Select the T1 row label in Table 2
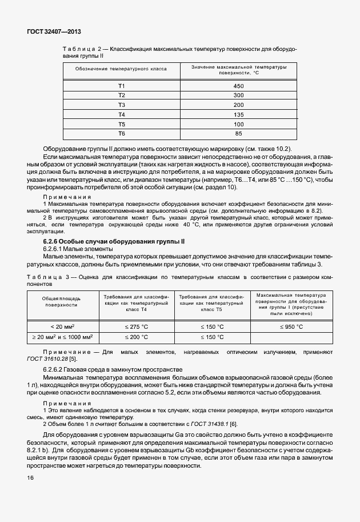tap(121, 86)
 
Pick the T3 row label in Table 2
tap(121, 105)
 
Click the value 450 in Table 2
tap(238, 86)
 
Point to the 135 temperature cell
tap(238, 114)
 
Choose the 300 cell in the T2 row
tap(238, 95)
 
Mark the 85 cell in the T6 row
tap(238, 134)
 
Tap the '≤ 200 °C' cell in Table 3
tap(213, 337)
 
